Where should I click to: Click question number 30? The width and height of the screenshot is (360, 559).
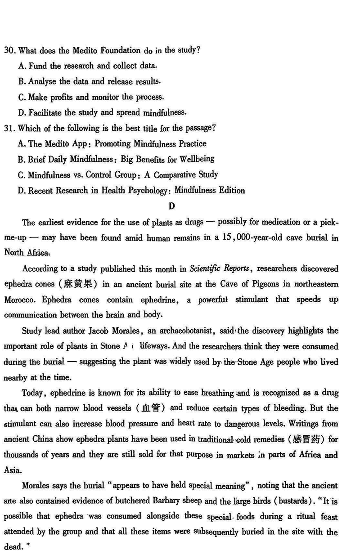coord(9,50)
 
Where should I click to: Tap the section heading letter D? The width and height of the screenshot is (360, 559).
coord(171,206)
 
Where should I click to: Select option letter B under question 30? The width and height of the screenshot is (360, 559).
coord(22,81)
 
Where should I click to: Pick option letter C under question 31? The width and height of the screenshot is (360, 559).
coord(22,175)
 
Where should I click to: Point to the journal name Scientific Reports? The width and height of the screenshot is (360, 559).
coord(219,268)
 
